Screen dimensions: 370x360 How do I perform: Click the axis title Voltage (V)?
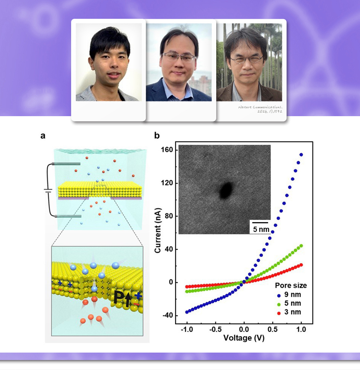[244, 338]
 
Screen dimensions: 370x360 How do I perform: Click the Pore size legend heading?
[291, 285]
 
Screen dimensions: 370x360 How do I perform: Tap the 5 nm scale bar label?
[261, 229]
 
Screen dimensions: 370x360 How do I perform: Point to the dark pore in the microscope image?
[225, 190]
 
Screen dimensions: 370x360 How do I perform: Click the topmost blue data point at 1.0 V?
[301, 155]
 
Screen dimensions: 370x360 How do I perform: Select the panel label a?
[43, 136]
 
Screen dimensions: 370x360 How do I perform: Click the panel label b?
[157, 136]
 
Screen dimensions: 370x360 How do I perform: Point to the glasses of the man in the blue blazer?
[179, 57]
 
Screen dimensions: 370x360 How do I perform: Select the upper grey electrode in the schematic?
[67, 164]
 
